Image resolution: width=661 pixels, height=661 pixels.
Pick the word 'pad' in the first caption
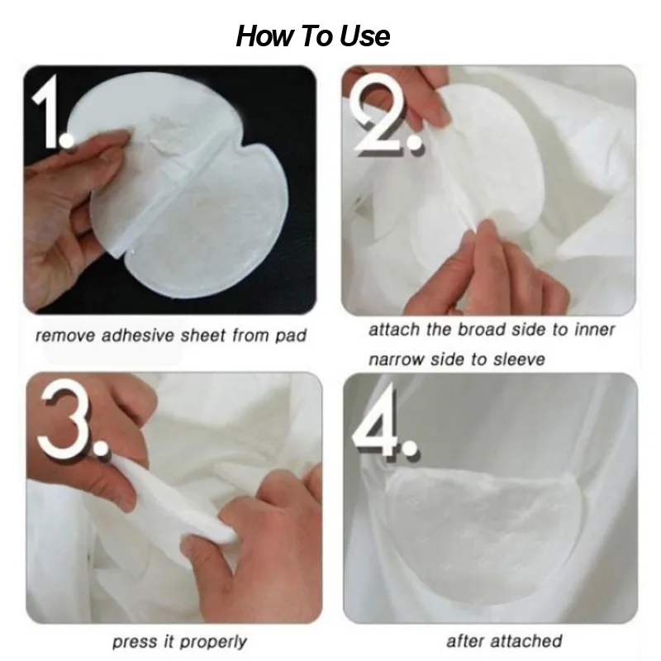point(292,335)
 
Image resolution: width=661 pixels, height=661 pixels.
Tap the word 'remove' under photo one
point(66,335)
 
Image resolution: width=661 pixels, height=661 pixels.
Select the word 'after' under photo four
point(465,640)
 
